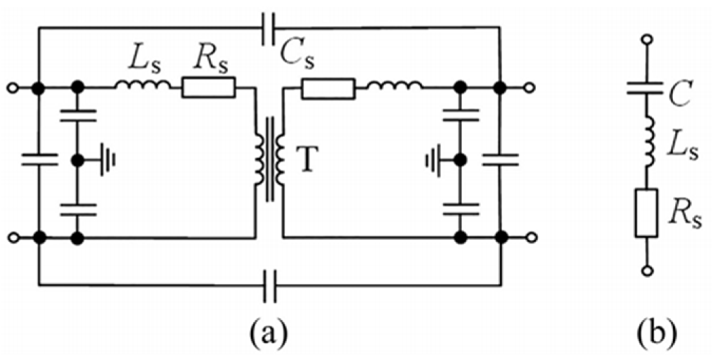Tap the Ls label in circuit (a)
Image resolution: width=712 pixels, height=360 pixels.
pyautogui.click(x=144, y=63)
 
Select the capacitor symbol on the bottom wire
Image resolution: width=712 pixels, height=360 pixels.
pyautogui.click(x=270, y=286)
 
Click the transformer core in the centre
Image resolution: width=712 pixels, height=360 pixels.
pyautogui.click(x=270, y=159)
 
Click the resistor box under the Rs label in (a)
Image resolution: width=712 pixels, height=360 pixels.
pyautogui.click(x=208, y=88)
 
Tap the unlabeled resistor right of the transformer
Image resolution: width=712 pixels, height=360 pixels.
pyautogui.click(x=328, y=88)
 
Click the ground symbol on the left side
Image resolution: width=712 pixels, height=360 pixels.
pyautogui.click(x=108, y=160)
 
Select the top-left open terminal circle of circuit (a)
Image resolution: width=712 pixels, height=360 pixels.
pyautogui.click(x=13, y=88)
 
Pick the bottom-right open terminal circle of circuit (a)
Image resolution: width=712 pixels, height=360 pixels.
pyautogui.click(x=532, y=238)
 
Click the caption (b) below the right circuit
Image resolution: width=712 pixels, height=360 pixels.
pyautogui.click(x=657, y=334)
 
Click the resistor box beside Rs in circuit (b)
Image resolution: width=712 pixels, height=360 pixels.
pyautogui.click(x=646, y=213)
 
